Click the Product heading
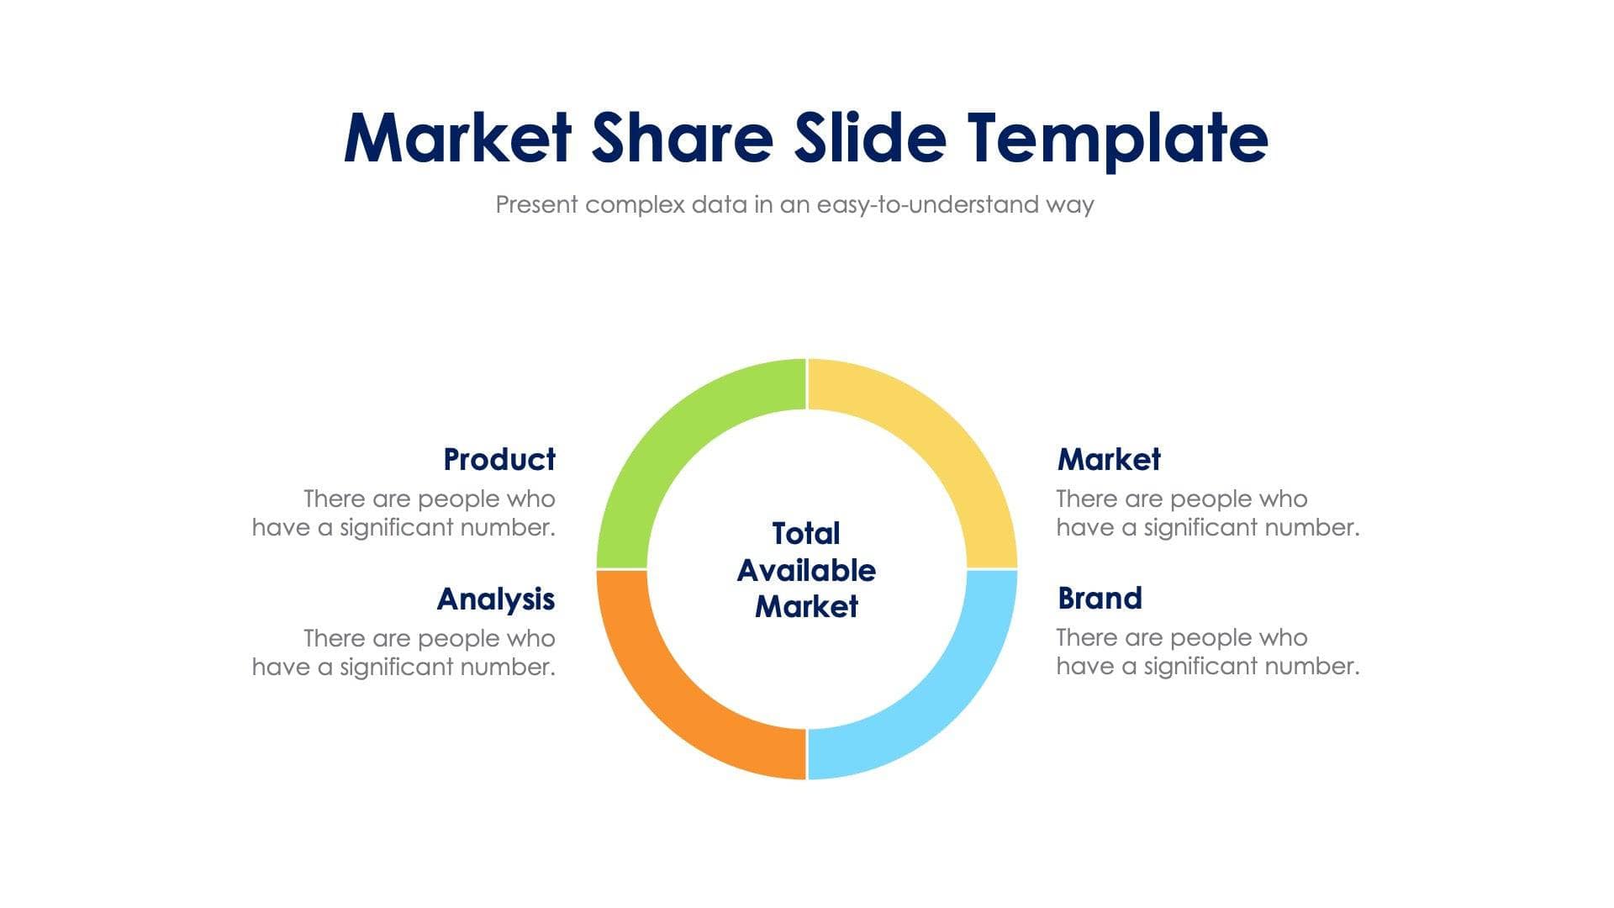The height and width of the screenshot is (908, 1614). [499, 460]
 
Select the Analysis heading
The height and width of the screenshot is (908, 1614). [496, 599]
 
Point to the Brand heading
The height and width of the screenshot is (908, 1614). [1100, 599]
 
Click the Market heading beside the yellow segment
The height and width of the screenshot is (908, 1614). [1109, 460]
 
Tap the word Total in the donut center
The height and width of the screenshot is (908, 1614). [806, 534]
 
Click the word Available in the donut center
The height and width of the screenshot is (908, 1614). [806, 571]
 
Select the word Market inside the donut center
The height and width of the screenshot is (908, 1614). [806, 607]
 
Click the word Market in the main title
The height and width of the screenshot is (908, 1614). [458, 138]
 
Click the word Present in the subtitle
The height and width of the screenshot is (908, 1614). [536, 205]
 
